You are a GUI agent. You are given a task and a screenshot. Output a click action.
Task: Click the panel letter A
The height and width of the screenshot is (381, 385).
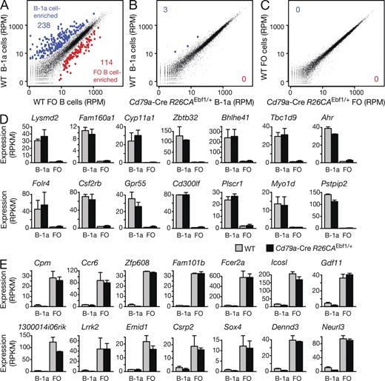[5, 5]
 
